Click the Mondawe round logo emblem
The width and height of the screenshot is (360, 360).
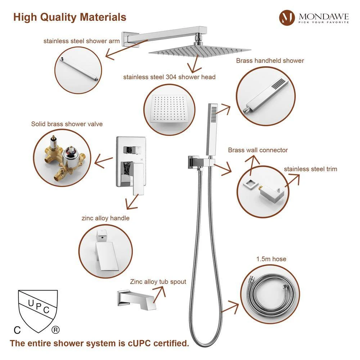287,17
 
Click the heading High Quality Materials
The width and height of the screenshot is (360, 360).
70,17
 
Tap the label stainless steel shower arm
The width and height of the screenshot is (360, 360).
81,41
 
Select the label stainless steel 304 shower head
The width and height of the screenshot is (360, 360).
169,77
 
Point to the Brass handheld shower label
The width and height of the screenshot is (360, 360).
270,60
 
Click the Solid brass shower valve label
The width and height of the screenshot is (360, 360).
67,124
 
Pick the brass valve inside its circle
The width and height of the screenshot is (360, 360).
64,158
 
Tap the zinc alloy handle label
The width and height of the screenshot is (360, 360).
105,218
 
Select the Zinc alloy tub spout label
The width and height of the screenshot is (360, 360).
158,282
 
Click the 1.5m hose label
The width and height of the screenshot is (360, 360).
271,259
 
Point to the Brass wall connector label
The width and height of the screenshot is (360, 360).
258,150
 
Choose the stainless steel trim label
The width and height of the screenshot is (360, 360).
311,169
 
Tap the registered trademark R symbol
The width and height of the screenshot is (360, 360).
55,330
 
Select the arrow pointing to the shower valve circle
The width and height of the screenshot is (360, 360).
104,161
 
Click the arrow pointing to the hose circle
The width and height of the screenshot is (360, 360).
230,307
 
